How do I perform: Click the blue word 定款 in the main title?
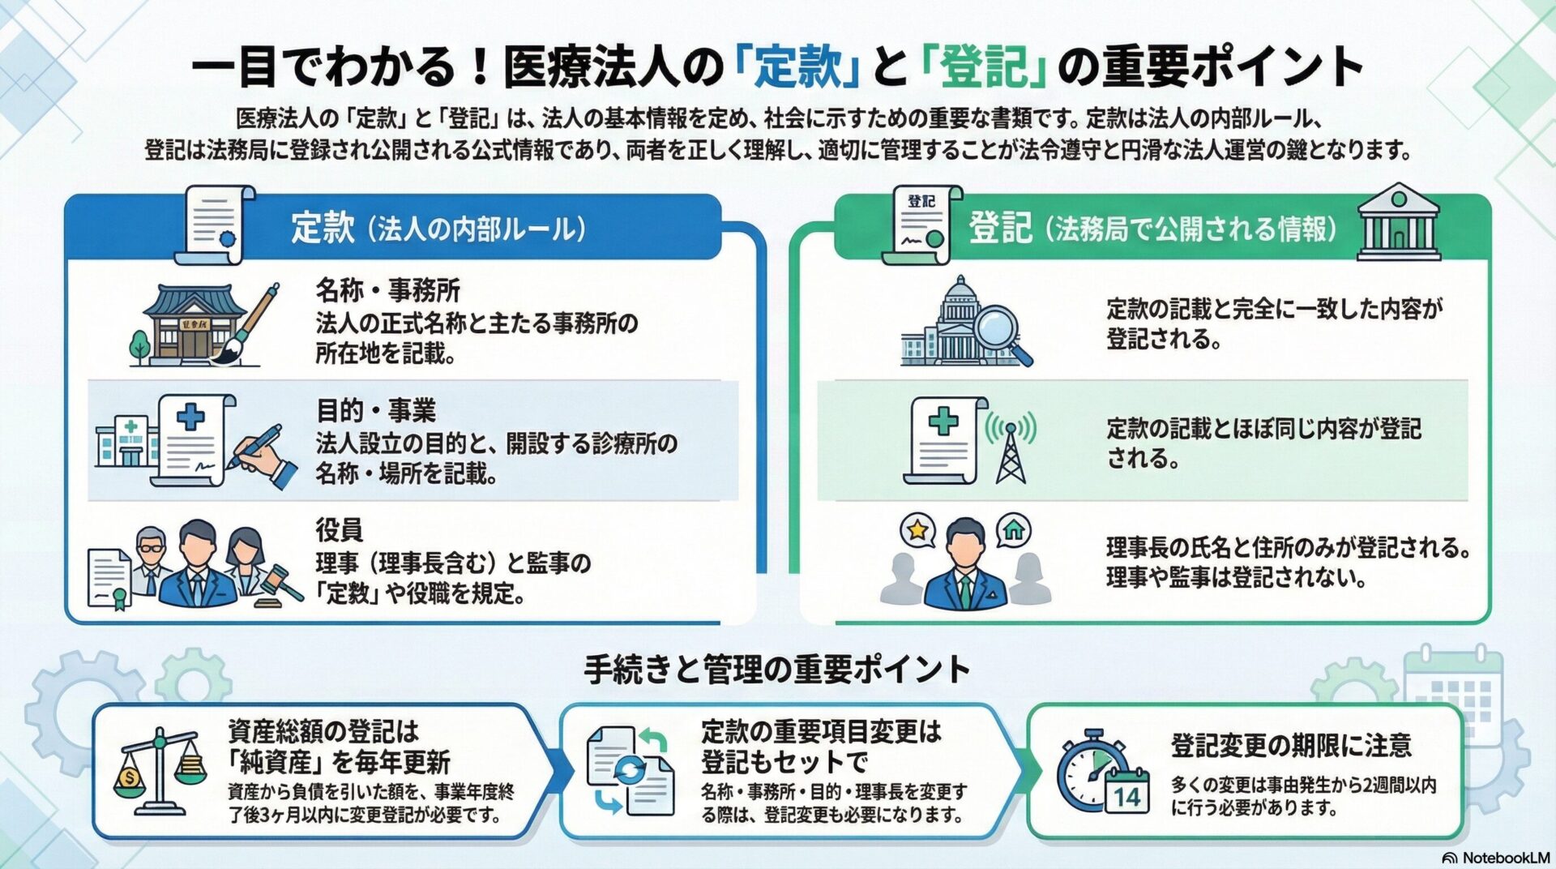point(798,66)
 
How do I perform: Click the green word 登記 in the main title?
point(985,66)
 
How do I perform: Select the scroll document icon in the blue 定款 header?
point(212,225)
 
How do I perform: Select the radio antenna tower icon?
point(1010,450)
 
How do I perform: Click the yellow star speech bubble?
point(917,530)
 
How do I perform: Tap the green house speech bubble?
point(1013,530)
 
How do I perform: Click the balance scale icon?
point(160,770)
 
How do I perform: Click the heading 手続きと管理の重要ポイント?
point(776,670)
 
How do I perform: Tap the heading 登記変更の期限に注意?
point(1290,744)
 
